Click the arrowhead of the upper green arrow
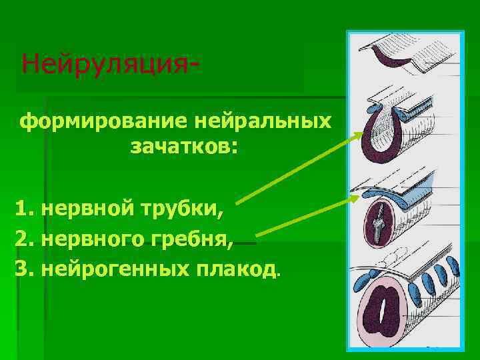pyautogui.click(x=359, y=134)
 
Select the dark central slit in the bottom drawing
pyautogui.click(x=385, y=312)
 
